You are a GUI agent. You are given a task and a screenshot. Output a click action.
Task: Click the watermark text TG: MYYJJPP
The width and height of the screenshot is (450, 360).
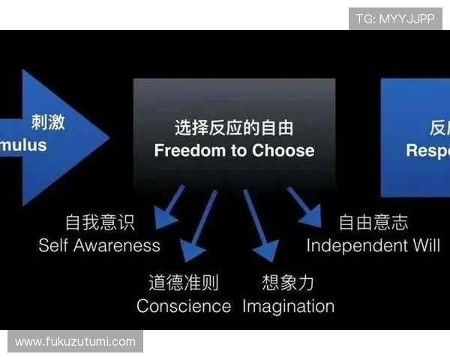coord(395,19)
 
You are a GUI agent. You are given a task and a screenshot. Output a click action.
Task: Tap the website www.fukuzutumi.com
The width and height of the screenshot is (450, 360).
coord(75,342)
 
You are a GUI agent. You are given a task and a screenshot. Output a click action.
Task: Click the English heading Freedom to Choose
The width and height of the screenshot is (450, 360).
coord(234,150)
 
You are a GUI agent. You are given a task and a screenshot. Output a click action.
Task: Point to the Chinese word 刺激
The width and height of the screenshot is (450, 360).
coord(49,121)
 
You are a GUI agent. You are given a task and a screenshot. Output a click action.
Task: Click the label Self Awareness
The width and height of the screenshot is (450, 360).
coord(100,245)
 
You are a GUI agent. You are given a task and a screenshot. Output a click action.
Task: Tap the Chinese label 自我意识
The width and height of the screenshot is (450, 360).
coord(100,222)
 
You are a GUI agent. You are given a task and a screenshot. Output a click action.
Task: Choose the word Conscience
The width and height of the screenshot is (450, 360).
coord(184,306)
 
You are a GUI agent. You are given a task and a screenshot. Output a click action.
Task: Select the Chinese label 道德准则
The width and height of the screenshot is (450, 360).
coord(184,283)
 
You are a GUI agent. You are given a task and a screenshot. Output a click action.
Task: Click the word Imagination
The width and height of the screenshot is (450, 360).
coord(288,306)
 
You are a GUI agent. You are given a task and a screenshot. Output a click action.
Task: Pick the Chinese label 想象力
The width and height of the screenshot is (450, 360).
coord(288,283)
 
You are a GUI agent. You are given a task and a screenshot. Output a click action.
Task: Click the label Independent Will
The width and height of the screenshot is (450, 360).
coord(373,245)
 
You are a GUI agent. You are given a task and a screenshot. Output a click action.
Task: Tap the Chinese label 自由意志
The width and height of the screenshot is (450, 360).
coord(373,222)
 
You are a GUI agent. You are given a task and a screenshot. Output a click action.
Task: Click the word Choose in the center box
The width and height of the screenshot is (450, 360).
coord(283,150)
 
